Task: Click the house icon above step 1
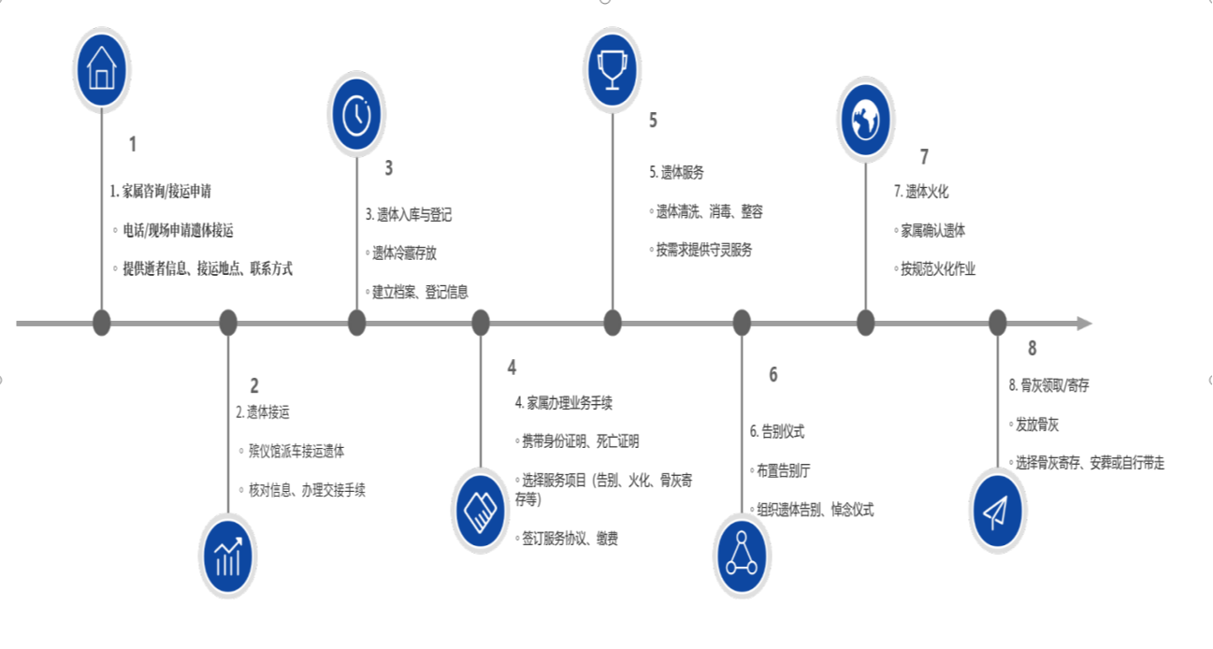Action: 102,69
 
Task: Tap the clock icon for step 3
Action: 356,114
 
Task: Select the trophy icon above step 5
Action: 613,69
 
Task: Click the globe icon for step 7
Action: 865,119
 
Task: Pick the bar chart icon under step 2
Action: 228,556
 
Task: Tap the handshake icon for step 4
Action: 481,511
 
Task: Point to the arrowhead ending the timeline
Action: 1085,324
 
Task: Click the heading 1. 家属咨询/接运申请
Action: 161,191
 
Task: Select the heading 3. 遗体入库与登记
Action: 409,215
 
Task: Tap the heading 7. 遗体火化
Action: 921,192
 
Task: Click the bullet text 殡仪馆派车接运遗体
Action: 296,451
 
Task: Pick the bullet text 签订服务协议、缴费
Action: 570,539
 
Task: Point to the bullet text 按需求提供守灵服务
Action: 704,250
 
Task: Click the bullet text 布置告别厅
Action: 783,471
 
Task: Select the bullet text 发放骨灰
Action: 1037,425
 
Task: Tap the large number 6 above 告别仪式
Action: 773,375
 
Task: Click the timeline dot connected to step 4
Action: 481,324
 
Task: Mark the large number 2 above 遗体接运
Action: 254,386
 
